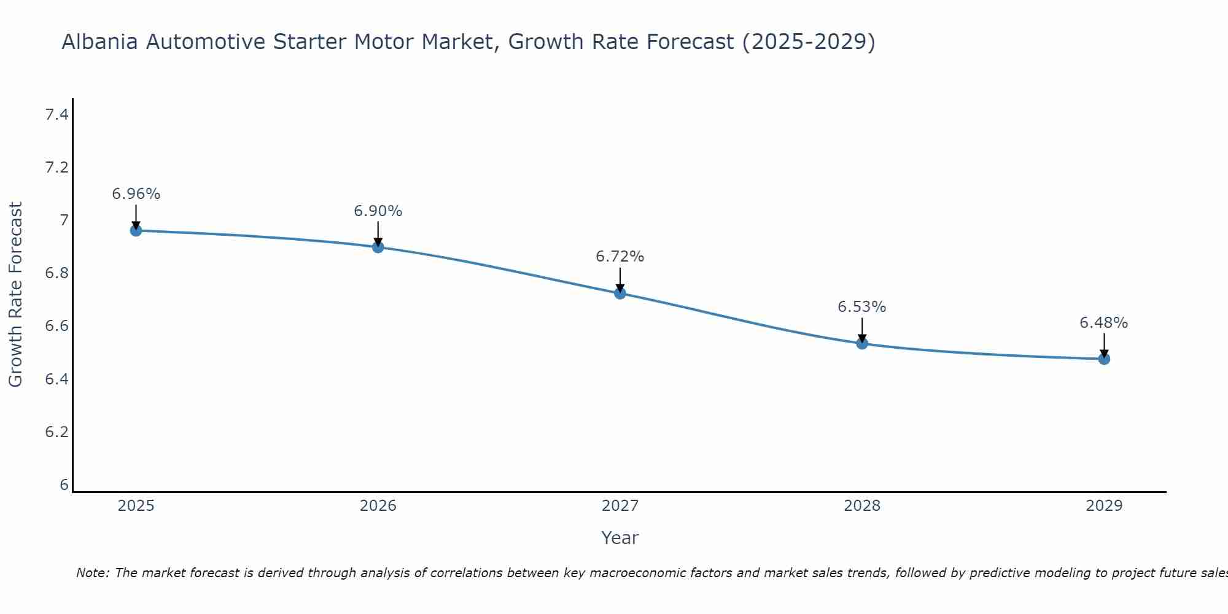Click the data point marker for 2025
pos(136,231)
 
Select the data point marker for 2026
pos(378,247)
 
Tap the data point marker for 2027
pos(620,293)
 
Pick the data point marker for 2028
pos(862,343)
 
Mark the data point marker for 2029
pos(1104,359)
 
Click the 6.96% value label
pos(136,194)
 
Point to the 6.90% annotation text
pos(378,211)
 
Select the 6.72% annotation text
pos(620,257)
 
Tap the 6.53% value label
pos(862,307)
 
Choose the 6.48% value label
pos(1104,323)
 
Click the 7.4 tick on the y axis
pos(56,115)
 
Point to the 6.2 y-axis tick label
pos(56,432)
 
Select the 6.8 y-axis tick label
pos(56,273)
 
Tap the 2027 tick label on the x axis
pos(620,506)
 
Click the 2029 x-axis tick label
pos(1104,506)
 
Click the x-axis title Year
pos(620,538)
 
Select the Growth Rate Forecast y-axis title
pos(15,295)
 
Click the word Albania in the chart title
pos(100,42)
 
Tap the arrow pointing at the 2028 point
pos(862,330)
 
